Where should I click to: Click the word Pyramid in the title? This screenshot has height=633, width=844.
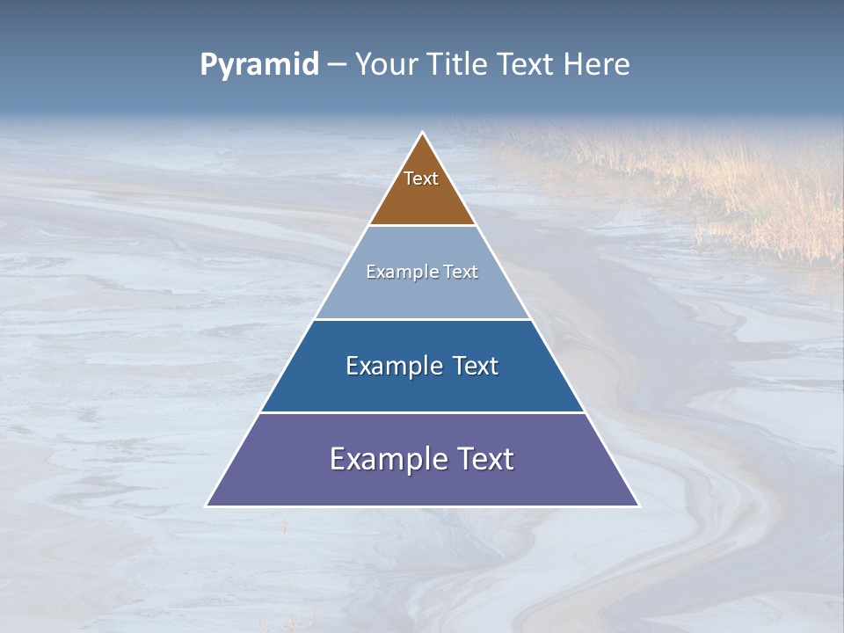(258, 65)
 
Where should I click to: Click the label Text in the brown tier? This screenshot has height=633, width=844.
(421, 178)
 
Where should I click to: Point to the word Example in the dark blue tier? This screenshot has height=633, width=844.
(392, 366)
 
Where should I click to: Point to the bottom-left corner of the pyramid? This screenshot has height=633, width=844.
(207, 506)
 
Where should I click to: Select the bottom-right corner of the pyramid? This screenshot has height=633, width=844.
(638, 506)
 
